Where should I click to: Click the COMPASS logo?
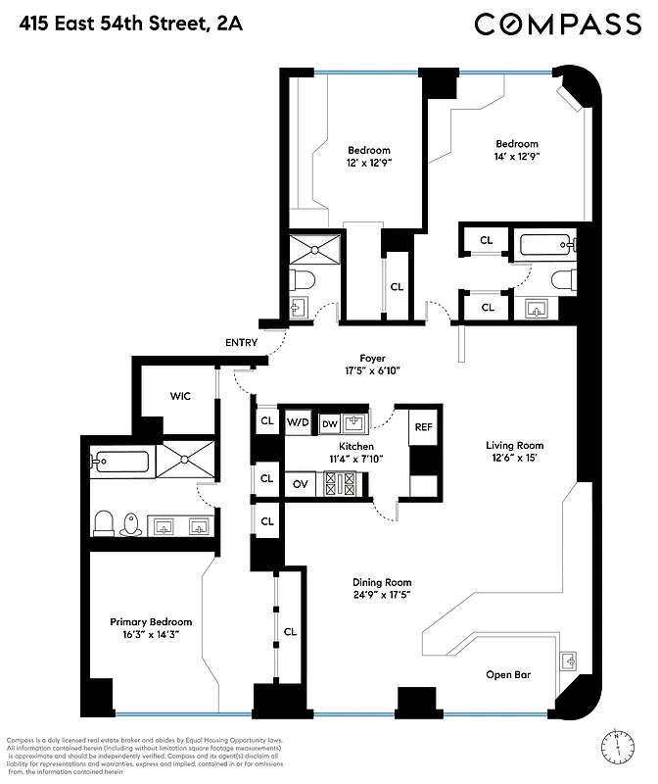pyautogui.click(x=557, y=24)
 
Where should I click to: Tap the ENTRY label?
pyautogui.click(x=241, y=342)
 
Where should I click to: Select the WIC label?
pyautogui.click(x=179, y=396)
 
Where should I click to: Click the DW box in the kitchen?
pyautogui.click(x=330, y=422)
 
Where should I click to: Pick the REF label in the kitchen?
pyautogui.click(x=423, y=427)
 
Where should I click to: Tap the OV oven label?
pyautogui.click(x=299, y=483)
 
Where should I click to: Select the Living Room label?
pyautogui.click(x=514, y=446)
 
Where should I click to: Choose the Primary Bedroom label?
pyautogui.click(x=150, y=621)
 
